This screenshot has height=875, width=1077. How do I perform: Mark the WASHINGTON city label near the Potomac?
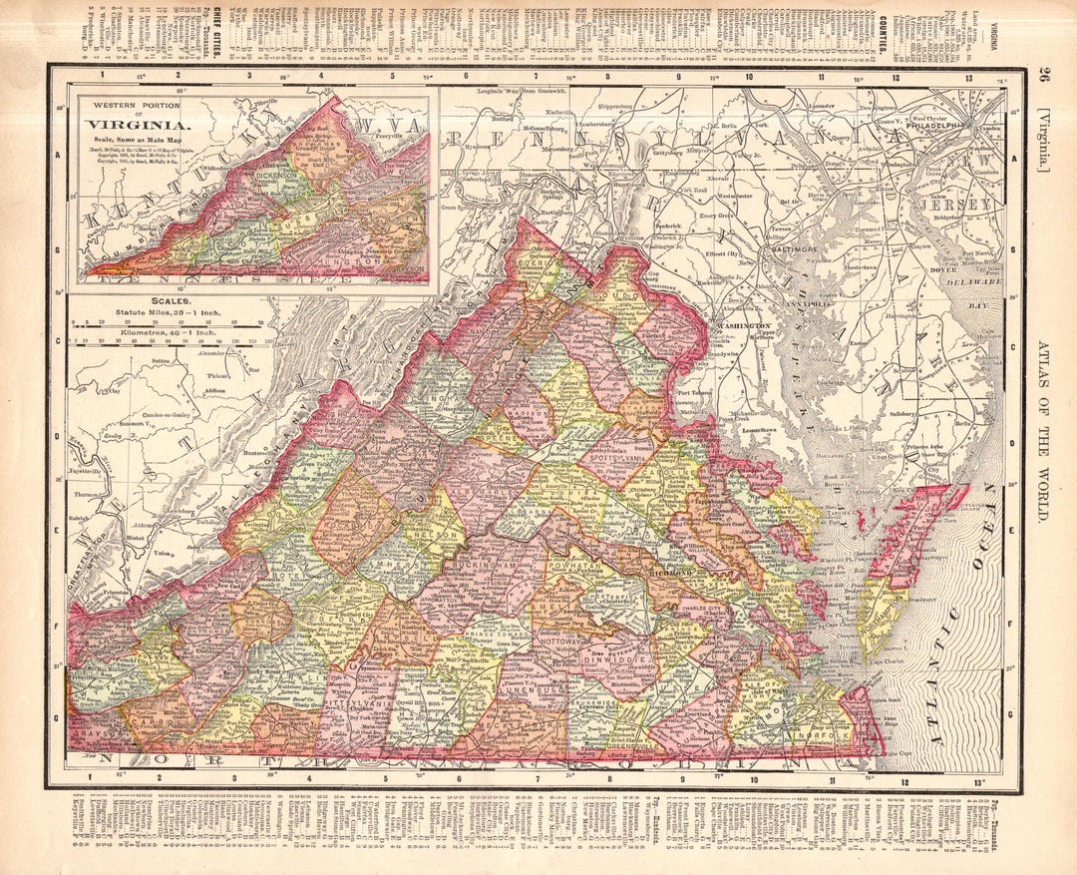pyautogui.click(x=741, y=326)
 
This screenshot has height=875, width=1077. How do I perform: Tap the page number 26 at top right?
pyautogui.click(x=1042, y=75)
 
